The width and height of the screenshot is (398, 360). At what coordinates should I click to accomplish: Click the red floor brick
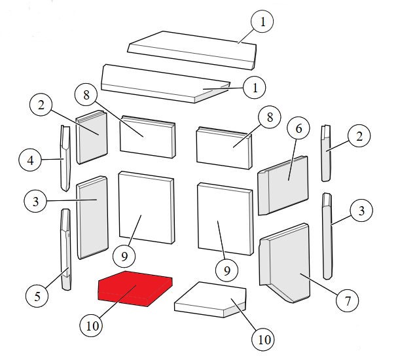(x=135, y=289)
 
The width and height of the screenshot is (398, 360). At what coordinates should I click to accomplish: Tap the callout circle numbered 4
(x=30, y=160)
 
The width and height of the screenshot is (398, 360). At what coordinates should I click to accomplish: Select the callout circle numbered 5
(x=37, y=296)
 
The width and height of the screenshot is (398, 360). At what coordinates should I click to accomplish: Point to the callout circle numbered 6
(x=298, y=128)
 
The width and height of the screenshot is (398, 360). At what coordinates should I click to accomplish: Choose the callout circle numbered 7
(x=347, y=300)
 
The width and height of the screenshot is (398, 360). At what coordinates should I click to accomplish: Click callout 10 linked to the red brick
(x=92, y=325)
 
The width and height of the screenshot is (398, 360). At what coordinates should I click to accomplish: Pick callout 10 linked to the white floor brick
(x=264, y=340)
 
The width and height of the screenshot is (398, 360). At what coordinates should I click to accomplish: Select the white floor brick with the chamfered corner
(x=210, y=300)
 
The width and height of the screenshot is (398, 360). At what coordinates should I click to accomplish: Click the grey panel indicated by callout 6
(x=283, y=185)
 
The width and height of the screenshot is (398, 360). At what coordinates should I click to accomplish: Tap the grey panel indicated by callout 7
(x=285, y=262)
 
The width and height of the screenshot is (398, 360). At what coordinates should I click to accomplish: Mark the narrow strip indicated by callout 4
(x=65, y=158)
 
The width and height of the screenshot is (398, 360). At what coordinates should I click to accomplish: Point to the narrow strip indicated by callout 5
(x=65, y=249)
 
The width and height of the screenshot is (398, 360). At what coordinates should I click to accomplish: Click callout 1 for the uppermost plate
(x=262, y=22)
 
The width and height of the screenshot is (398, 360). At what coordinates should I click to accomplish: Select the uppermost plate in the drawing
(x=192, y=50)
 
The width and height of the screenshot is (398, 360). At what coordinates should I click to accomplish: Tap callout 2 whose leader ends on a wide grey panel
(x=41, y=105)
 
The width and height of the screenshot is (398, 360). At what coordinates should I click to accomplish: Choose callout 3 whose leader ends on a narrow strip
(x=361, y=211)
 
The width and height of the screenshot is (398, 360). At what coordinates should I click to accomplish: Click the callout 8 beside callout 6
(x=270, y=117)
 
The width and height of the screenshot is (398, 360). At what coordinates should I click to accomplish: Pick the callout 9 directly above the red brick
(x=124, y=257)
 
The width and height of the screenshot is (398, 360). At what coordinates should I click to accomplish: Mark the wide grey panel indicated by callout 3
(x=92, y=217)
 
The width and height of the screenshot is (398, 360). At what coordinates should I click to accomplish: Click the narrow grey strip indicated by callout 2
(x=326, y=153)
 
